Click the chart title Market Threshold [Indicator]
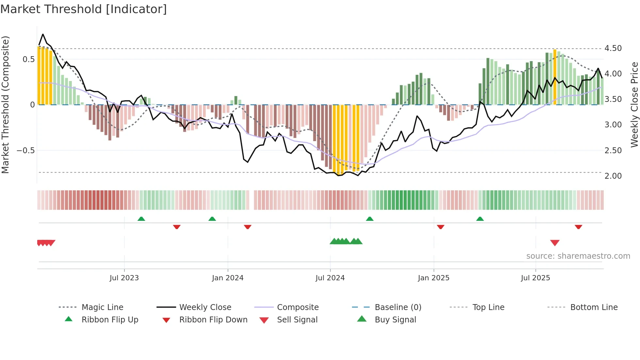pos(84,9)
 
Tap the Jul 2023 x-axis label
pos(124,278)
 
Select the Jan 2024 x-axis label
pos(228,278)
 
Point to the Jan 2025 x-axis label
pos(434,278)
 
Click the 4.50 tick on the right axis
pos(613,48)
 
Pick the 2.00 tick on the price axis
pos(613,176)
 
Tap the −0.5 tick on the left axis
pos(26,150)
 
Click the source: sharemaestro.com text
pos(578,256)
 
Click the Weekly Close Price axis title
pos(634,105)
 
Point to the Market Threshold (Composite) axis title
pos(5,105)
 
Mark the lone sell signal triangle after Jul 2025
pos(555,243)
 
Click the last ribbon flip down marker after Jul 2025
pos(578,227)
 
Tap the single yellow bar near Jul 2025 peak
pos(555,77)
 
